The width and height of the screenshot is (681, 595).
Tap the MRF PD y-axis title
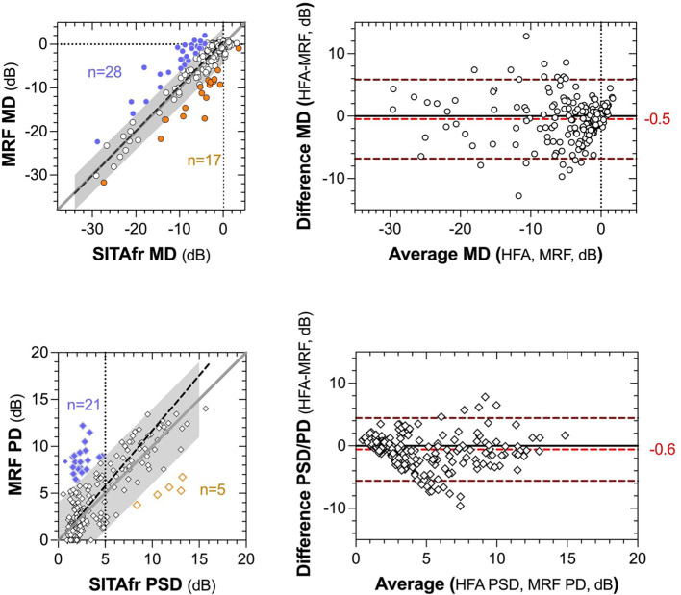click(18, 444)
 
